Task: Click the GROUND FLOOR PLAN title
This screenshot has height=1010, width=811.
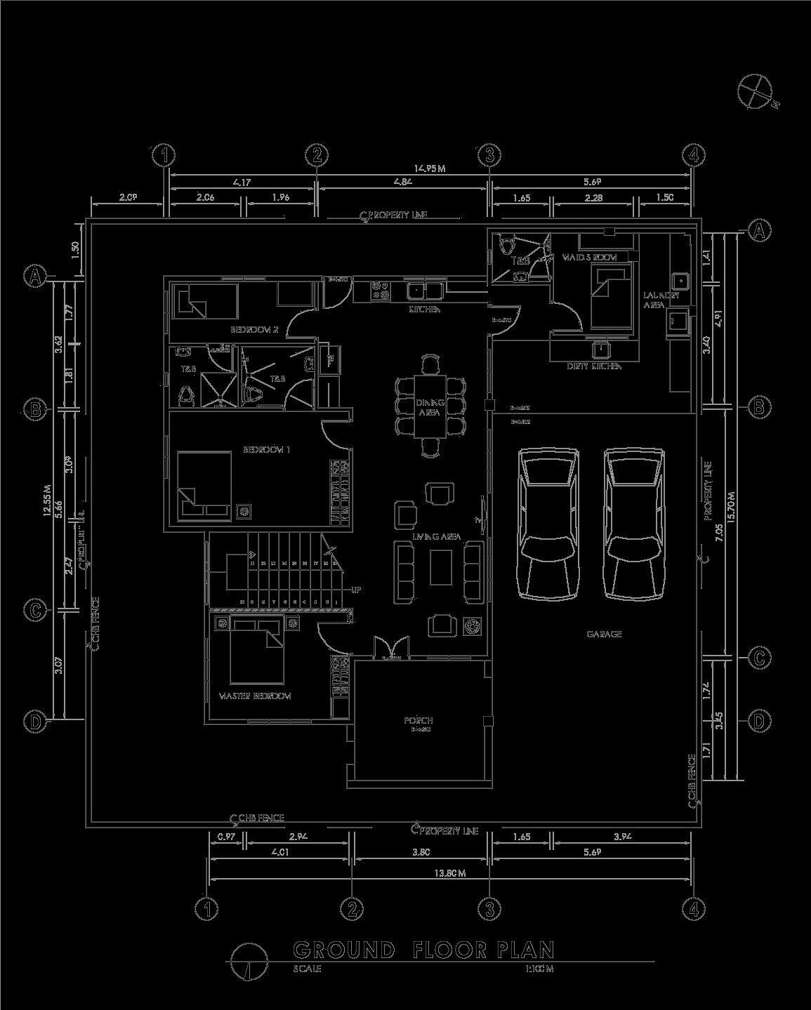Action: (423, 950)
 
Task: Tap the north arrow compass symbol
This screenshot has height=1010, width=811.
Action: (754, 91)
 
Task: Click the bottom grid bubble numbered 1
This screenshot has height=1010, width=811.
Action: (207, 909)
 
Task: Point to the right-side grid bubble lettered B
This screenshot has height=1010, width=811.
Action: (758, 407)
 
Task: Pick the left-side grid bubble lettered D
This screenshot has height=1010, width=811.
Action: (36, 721)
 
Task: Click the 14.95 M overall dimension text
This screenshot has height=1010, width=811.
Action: (430, 168)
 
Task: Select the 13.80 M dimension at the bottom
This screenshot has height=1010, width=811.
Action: (450, 873)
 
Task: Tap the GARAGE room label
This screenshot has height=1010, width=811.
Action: (604, 634)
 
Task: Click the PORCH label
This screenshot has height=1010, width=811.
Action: (418, 721)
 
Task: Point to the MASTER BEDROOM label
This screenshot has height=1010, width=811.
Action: (255, 696)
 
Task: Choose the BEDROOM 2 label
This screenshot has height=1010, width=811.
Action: (255, 329)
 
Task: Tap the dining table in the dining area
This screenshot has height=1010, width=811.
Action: (430, 406)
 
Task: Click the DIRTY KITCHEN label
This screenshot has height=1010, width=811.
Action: (594, 366)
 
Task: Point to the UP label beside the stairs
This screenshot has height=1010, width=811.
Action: (356, 590)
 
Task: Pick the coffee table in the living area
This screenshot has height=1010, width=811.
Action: (441, 567)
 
